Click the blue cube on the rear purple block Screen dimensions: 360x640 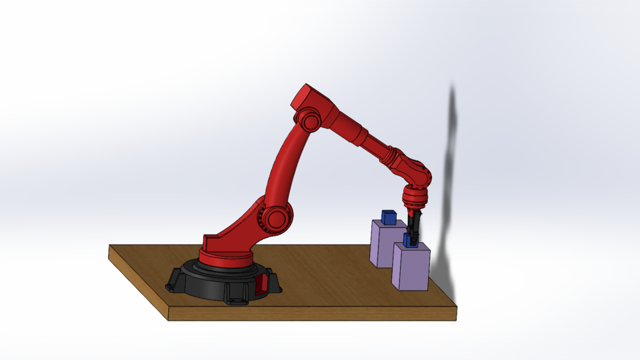click(x=389, y=217)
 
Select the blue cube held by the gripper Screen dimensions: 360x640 click(x=410, y=240)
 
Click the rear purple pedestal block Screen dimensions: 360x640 click(x=383, y=243)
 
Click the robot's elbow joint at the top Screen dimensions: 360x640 click(x=308, y=122)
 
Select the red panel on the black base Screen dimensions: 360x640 click(x=261, y=285)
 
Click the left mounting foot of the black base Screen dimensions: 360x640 click(x=175, y=284)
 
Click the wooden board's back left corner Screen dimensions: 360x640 click(x=111, y=247)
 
